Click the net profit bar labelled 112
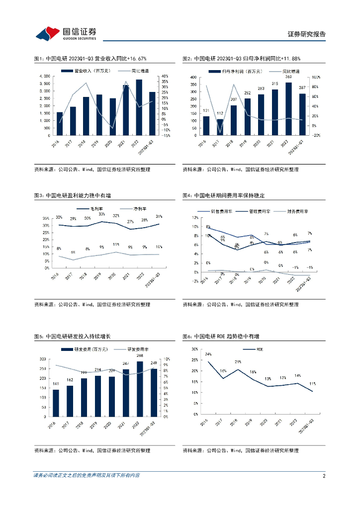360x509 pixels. tap(219, 127)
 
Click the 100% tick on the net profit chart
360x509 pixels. tap(317, 78)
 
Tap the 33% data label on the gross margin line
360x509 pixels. tap(101, 214)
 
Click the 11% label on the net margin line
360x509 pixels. tap(116, 245)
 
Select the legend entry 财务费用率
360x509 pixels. tap(297, 211)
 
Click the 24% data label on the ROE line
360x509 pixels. tap(208, 354)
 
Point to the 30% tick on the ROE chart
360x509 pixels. tap(195, 349)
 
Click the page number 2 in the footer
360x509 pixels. tap(324, 476)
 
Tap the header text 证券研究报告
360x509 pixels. tap(307, 34)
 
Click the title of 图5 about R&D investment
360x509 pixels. tap(72, 337)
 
